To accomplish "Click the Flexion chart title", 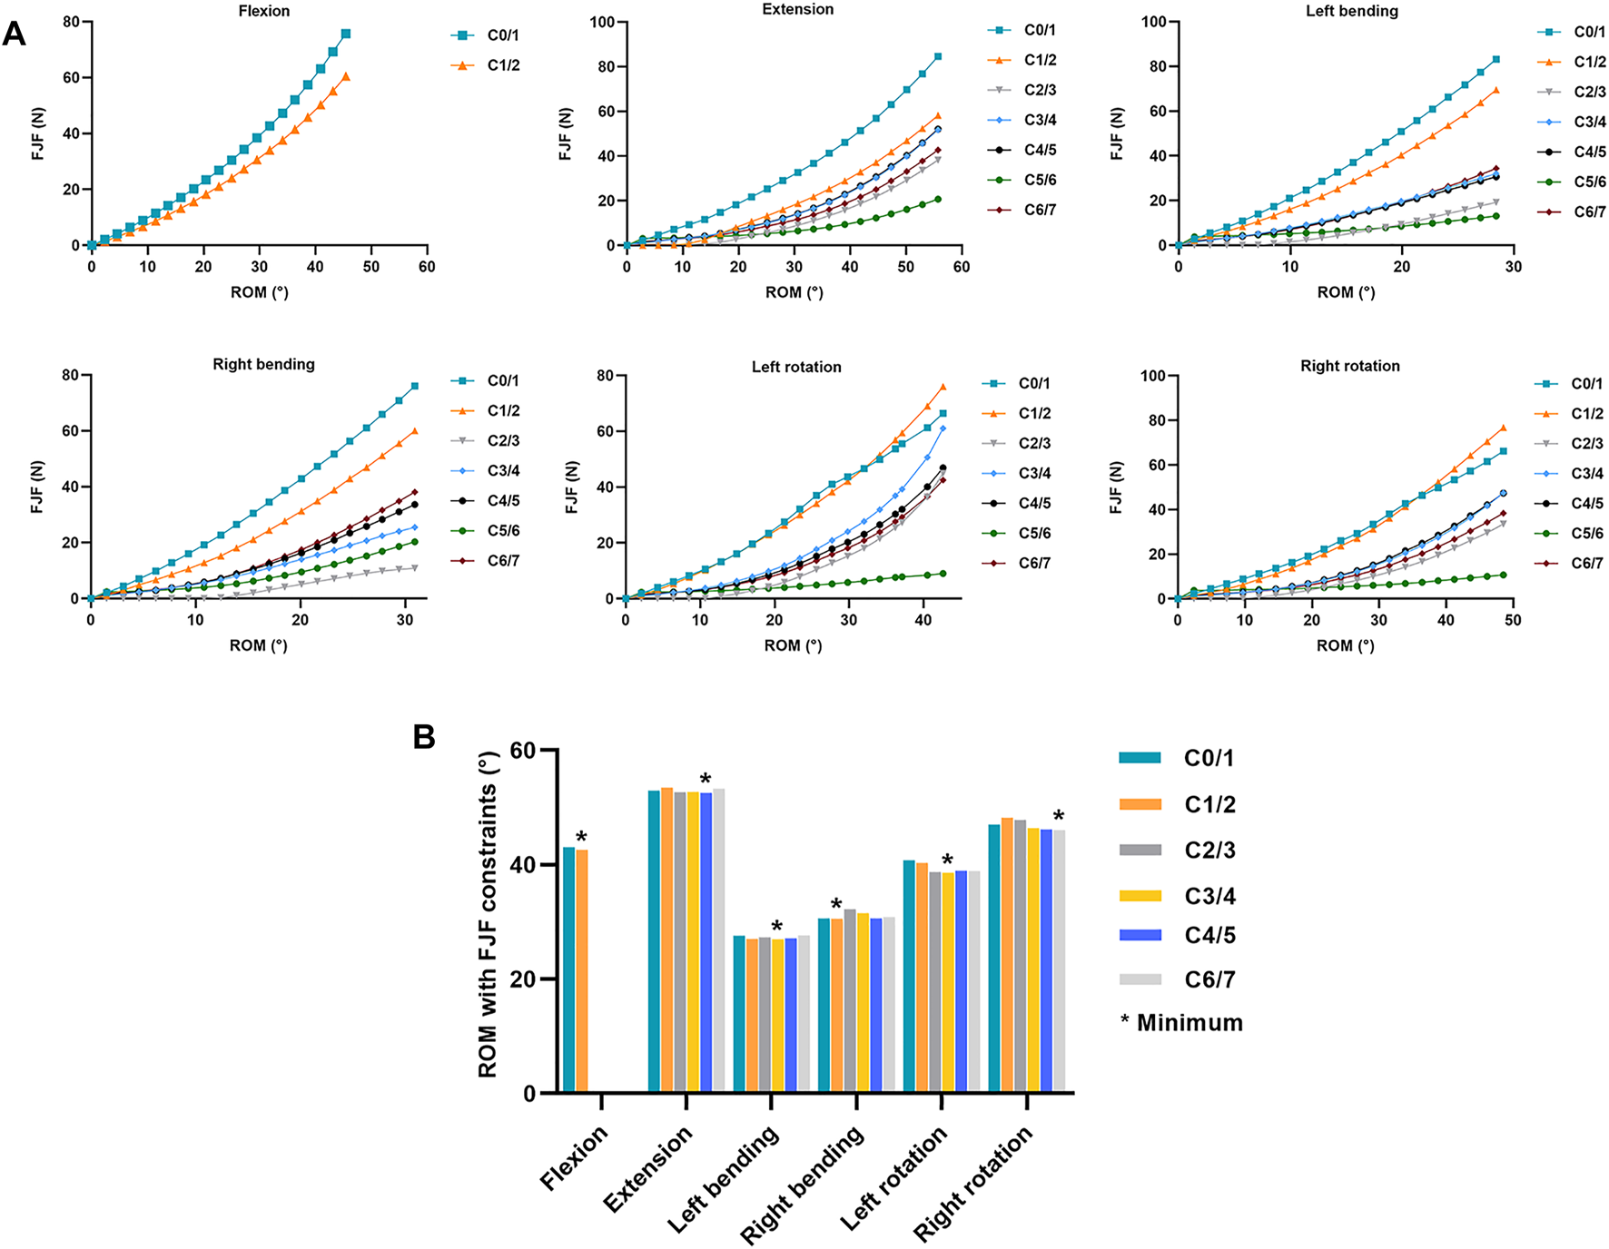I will (264, 11).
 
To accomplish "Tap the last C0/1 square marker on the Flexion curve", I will (346, 34).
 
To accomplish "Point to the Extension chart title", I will (797, 9).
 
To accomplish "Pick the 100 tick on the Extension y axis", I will (602, 22).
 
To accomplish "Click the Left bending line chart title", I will (1351, 11).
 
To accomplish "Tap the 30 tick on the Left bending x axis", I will (1514, 267).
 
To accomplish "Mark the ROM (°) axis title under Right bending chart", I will (259, 645).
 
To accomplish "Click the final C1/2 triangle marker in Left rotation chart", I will (943, 388).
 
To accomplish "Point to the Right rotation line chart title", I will (1349, 366).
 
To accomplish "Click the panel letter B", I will (424, 736).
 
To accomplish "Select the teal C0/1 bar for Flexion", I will (569, 969).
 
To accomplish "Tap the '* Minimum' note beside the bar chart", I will (1181, 1023).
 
